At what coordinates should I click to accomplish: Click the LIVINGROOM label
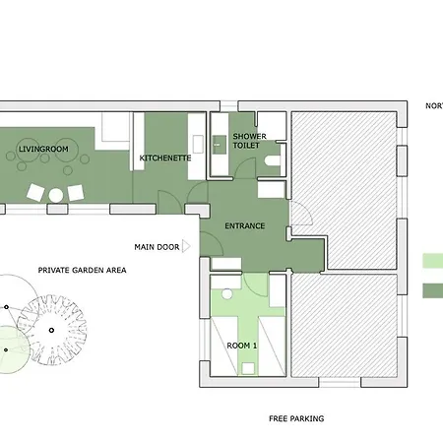pyautogui.click(x=43, y=149)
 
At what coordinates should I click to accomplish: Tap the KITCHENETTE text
pyautogui.click(x=165, y=158)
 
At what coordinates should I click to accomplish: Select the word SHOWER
pyautogui.click(x=249, y=136)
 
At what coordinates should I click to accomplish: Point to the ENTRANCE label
pyautogui.click(x=245, y=225)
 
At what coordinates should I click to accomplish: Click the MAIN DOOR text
pyautogui.click(x=157, y=247)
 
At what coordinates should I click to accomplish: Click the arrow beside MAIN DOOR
pyautogui.click(x=186, y=246)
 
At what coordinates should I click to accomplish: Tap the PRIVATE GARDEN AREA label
pyautogui.click(x=82, y=270)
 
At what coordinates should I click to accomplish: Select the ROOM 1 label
pyautogui.click(x=242, y=346)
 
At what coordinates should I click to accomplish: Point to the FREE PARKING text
pyautogui.click(x=296, y=418)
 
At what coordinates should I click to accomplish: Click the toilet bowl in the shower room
pyautogui.click(x=272, y=160)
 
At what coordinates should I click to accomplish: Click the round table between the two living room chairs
pyautogui.click(x=56, y=196)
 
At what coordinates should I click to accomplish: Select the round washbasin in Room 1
pyautogui.click(x=227, y=293)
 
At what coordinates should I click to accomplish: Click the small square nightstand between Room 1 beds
pyautogui.click(x=248, y=368)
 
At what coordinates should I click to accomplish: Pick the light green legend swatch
pyautogui.click(x=433, y=261)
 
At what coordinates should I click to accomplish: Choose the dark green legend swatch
pyautogui.click(x=433, y=290)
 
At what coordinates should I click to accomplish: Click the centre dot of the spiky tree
pyautogui.click(x=51, y=330)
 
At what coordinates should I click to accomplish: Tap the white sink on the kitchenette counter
pyautogui.click(x=198, y=145)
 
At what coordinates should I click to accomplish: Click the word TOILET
pyautogui.click(x=246, y=146)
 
